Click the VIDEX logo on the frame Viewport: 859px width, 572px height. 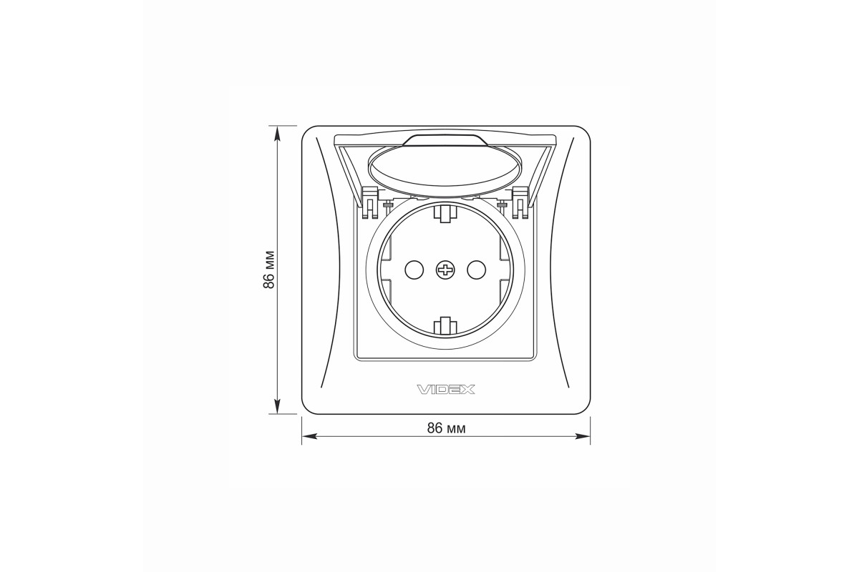tap(445, 390)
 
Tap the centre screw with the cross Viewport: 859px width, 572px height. tap(445, 270)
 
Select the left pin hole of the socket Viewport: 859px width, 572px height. tap(414, 270)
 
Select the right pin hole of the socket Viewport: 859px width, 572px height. tap(476, 270)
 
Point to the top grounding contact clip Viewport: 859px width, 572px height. tap(445, 213)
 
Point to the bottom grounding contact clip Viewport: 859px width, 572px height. tap(445, 327)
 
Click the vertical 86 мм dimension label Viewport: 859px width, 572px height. tap(269, 270)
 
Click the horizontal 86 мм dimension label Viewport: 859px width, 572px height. tap(447, 428)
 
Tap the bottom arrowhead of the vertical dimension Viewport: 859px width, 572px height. tap(278, 406)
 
